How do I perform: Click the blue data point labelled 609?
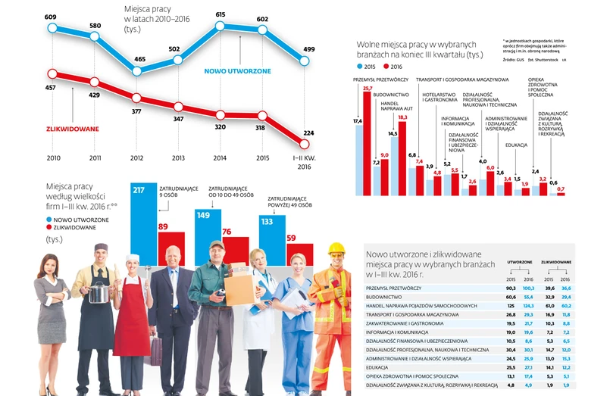52,27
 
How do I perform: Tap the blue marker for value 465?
136,71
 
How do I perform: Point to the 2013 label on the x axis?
177,158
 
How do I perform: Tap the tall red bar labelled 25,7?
368,144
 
